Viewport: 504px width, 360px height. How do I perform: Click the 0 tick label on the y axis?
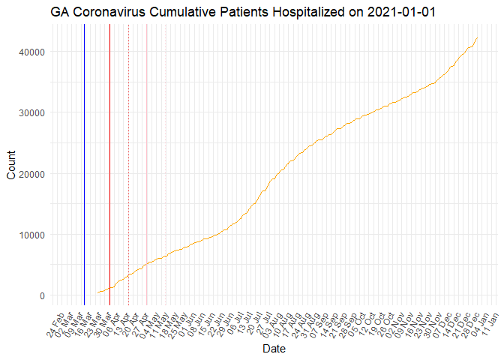pyautogui.click(x=42, y=295)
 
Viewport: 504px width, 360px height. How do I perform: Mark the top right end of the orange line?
pyautogui.click(x=478, y=37)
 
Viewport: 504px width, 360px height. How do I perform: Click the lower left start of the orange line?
pyautogui.click(x=97, y=293)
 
